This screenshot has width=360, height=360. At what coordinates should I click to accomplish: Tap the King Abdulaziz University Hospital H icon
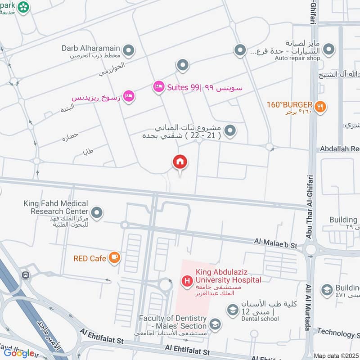point(186,282)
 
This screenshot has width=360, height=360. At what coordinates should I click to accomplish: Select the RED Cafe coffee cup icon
point(114,258)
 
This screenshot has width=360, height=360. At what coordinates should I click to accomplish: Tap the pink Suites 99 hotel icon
point(158,87)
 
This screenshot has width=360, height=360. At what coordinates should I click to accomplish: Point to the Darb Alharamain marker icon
point(129,51)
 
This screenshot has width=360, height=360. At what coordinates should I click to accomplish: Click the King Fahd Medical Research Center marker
point(96,212)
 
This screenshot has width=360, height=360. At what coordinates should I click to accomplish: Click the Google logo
point(19,353)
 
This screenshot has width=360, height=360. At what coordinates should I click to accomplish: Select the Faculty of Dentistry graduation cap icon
point(216,324)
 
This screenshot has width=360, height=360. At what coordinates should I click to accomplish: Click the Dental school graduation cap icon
point(233,310)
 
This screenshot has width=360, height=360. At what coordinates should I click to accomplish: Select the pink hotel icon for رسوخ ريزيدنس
point(129,96)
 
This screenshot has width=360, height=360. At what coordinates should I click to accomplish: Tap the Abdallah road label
point(339,148)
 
